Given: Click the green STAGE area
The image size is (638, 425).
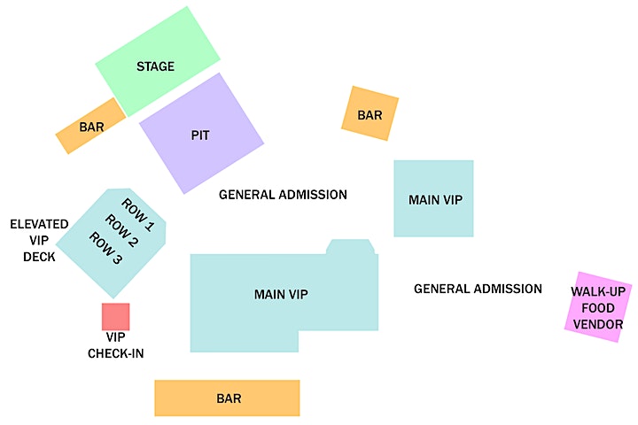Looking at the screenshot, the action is [158, 61].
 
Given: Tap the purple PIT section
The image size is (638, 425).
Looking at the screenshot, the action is [201, 134].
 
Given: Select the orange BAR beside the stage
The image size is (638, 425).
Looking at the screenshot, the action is [90, 126].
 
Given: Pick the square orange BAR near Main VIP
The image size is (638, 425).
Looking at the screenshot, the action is [370, 113].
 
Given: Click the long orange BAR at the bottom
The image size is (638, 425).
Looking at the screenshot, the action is [227, 398].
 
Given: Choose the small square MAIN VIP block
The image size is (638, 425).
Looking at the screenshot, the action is [433, 198].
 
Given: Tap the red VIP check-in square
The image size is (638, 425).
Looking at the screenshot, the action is [115, 316].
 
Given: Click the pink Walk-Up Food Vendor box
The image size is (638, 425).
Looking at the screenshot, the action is [598, 307].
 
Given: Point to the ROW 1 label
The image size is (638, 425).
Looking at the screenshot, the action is [138, 215].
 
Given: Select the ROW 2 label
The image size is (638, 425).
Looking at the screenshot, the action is [121, 231].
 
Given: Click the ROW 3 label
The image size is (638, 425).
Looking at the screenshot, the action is [105, 248].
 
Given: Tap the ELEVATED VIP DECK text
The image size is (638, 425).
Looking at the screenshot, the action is [39, 240].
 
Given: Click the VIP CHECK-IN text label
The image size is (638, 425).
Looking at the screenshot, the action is [116, 345].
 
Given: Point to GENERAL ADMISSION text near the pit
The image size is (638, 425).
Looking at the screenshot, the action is [284, 195].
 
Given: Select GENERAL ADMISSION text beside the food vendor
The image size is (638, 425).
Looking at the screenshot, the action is [478, 289].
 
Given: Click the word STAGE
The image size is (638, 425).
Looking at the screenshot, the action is [155, 66].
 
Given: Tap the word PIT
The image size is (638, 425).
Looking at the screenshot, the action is [200, 135].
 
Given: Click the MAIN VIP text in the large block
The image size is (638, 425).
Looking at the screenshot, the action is [281, 294].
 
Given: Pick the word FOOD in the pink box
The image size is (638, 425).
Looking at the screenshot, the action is [598, 308].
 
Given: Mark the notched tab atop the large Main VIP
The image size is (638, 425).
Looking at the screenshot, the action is [350, 247].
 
